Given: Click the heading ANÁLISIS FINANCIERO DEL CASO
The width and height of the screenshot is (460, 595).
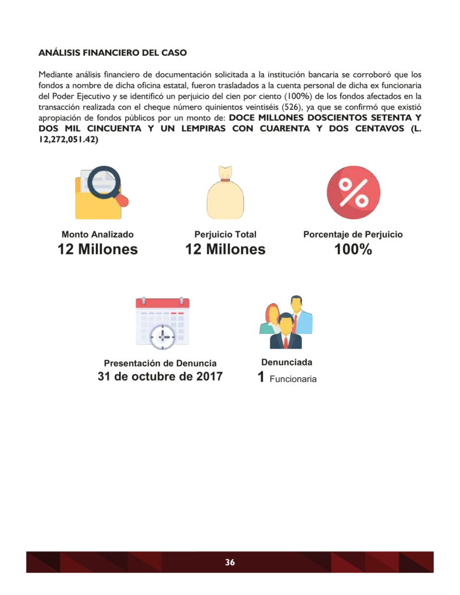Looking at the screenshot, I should coord(112,53).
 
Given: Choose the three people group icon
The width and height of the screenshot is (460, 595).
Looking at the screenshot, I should coord(286,322).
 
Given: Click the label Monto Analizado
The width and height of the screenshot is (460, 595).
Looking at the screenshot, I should coord(98,235).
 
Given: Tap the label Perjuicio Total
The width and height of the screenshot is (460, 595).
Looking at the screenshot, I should coord(225,235).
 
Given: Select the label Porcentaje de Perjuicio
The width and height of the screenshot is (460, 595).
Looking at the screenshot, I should coord(353,235).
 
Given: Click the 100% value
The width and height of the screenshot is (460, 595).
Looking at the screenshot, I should coord(353,250).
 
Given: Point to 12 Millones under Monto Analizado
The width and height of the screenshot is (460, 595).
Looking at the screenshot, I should coord(98,250).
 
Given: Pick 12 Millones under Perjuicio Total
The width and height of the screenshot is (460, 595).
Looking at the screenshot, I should coord(225,250).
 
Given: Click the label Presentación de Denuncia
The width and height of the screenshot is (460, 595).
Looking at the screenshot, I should coord(160,364).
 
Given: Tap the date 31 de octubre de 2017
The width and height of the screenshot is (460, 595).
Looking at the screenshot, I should coord(160,377).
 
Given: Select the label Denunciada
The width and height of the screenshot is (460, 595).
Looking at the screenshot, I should coord(287,362).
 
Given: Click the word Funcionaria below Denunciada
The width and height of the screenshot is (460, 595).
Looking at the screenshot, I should coord(293,379).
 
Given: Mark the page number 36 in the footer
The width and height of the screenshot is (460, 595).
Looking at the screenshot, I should coord(230,562).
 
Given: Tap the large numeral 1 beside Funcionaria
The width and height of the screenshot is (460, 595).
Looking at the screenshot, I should coord(262,378).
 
